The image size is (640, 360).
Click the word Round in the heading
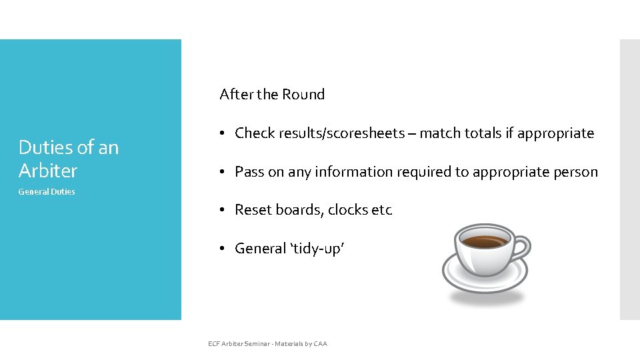303,95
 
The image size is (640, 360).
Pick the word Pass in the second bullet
249,172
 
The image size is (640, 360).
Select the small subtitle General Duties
47,192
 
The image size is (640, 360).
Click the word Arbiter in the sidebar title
48,171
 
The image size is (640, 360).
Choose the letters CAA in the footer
319,344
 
